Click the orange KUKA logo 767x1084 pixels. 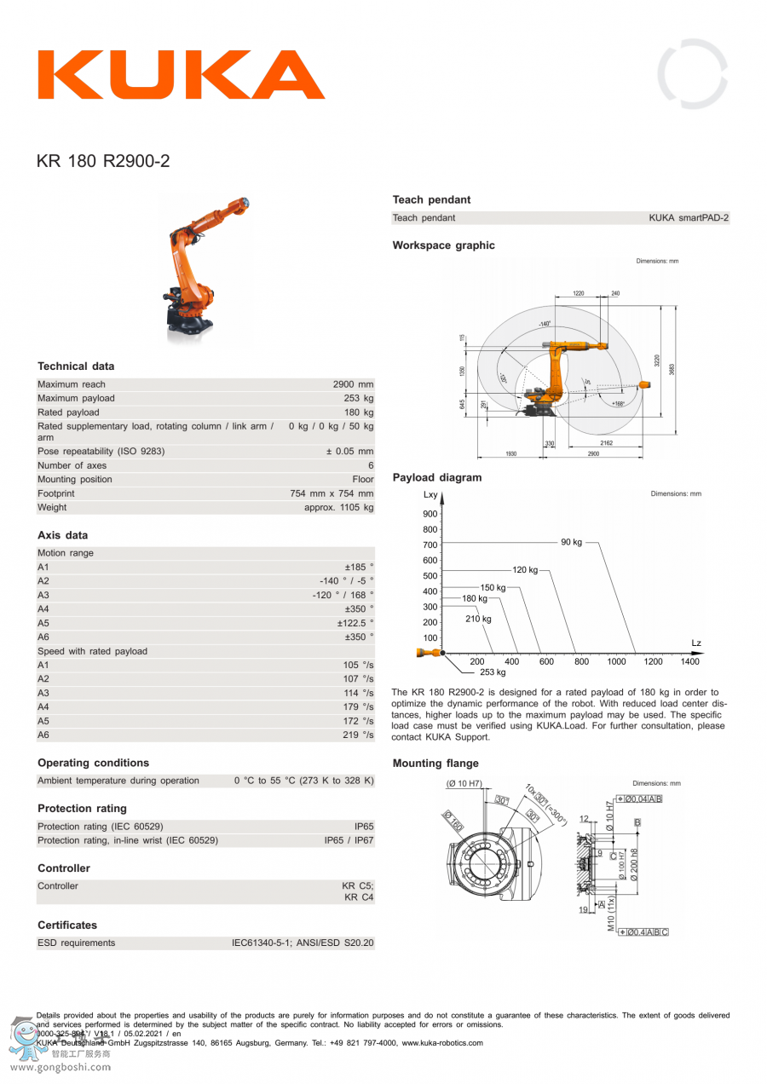[x=181, y=75]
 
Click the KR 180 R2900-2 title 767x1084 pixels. [x=103, y=161]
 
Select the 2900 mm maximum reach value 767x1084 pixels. [x=353, y=384]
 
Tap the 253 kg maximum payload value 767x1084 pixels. [x=358, y=398]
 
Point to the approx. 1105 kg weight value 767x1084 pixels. [x=338, y=507]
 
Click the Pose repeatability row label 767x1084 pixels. [x=101, y=451]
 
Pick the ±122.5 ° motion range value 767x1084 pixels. [x=355, y=623]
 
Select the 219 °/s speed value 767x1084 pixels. [x=358, y=735]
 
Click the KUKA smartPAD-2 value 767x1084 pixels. [x=689, y=218]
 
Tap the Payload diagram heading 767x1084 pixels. [x=437, y=478]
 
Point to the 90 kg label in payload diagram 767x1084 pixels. [x=571, y=542]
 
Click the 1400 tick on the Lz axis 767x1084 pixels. [x=689, y=661]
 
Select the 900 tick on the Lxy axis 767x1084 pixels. [x=430, y=514]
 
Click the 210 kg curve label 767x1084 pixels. [x=478, y=620]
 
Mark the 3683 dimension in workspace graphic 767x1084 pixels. [x=672, y=369]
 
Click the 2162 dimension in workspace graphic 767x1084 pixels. [x=605, y=443]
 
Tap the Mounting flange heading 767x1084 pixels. [x=435, y=764]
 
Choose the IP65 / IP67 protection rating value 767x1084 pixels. [x=349, y=840]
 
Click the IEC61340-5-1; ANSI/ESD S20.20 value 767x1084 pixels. [x=303, y=943]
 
